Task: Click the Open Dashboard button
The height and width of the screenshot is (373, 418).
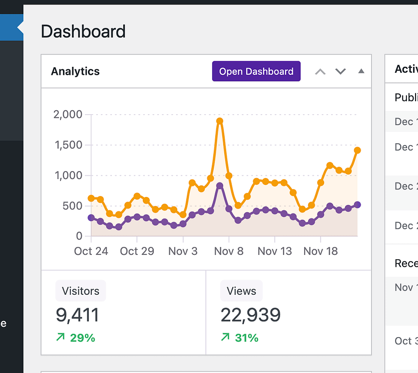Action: [x=256, y=71]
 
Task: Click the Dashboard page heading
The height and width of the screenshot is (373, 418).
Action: [x=83, y=31]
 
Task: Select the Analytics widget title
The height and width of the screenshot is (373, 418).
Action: [x=75, y=71]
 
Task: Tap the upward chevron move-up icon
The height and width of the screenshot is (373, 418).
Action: [x=320, y=72]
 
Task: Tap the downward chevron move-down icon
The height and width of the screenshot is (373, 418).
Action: [x=341, y=72]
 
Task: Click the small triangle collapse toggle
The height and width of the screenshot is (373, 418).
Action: [x=361, y=71]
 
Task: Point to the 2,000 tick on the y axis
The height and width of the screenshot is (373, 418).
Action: [x=67, y=114]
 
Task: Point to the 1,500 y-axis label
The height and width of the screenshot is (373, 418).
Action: [x=67, y=145]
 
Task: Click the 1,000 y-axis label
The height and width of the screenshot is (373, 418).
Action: [x=67, y=176]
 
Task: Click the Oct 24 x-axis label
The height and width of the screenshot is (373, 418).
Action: [x=91, y=251]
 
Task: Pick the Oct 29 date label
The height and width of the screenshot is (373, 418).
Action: [x=137, y=251]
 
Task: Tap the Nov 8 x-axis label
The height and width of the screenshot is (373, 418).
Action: [x=229, y=251]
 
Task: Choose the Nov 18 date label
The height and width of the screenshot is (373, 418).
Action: [x=321, y=251]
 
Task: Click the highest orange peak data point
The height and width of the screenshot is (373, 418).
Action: [x=220, y=121]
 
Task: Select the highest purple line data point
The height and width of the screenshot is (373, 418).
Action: [x=220, y=186]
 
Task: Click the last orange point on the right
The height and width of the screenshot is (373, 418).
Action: [x=357, y=150]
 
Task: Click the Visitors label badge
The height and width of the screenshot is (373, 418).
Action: [x=80, y=291]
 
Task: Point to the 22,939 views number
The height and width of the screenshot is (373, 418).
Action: [x=251, y=315]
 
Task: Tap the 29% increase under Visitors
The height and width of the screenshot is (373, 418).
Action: [x=76, y=338]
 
